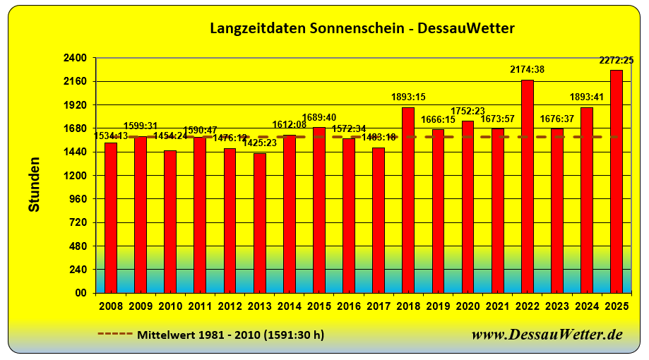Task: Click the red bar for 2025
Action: [x=617, y=181]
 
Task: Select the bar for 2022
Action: [x=527, y=186]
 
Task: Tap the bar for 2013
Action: [x=260, y=223]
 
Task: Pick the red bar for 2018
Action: [x=408, y=200]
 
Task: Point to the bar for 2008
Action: [x=111, y=217]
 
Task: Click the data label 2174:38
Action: [x=527, y=69]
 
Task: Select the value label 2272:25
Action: [x=616, y=60]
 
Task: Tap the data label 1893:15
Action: [x=408, y=97]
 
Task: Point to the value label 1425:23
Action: [x=260, y=143]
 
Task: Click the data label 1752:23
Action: [x=468, y=110]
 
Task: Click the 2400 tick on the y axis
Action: [x=75, y=58]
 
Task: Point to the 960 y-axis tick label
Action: [x=78, y=199]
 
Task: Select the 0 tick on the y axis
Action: [x=83, y=293]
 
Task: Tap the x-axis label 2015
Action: [x=319, y=307]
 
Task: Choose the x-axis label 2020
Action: [x=468, y=307]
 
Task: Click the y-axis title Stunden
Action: [x=34, y=184]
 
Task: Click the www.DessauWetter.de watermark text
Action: [x=547, y=334]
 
